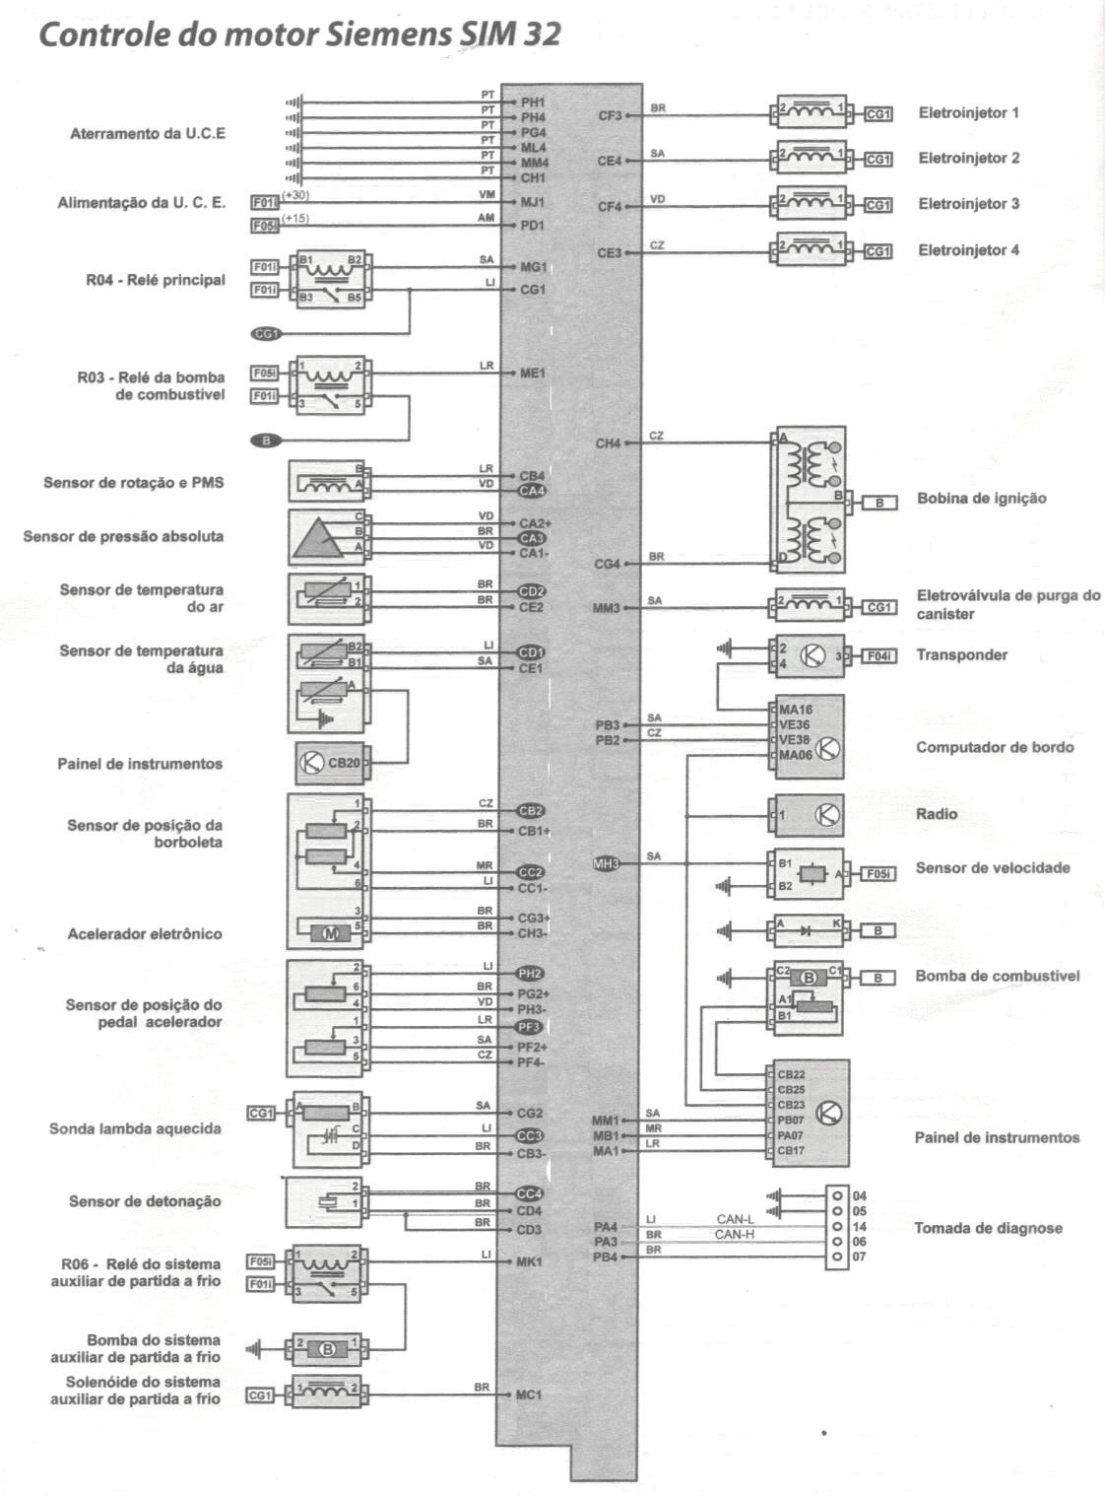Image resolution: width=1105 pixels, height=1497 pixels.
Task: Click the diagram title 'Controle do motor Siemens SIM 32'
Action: tap(299, 35)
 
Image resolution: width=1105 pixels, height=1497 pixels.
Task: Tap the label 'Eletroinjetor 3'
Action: tap(968, 204)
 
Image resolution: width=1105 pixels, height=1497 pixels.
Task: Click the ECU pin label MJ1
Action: tap(533, 202)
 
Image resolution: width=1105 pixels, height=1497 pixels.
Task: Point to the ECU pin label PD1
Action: tap(533, 226)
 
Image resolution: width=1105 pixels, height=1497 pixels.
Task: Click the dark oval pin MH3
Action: tap(606, 864)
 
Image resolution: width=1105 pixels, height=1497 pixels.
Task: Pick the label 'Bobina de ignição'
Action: tap(981, 498)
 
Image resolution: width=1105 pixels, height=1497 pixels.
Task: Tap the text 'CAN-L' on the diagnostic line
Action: tap(735, 1219)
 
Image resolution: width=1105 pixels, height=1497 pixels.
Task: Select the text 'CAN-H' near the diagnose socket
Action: tap(735, 1234)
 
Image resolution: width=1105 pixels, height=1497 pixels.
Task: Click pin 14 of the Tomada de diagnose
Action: tap(837, 1227)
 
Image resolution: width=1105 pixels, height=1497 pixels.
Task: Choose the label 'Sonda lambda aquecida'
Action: tap(135, 1128)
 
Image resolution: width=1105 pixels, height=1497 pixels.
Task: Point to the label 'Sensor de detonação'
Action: tap(145, 1201)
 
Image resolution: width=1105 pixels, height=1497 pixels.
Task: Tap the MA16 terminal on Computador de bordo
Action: tap(795, 710)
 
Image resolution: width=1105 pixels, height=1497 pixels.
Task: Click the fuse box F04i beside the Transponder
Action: tap(878, 655)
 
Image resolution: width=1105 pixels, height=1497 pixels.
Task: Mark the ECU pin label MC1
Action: tap(529, 1395)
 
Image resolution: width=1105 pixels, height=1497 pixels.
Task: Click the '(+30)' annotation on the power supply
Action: tap(295, 195)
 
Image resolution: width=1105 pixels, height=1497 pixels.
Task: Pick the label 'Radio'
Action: tap(936, 814)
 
